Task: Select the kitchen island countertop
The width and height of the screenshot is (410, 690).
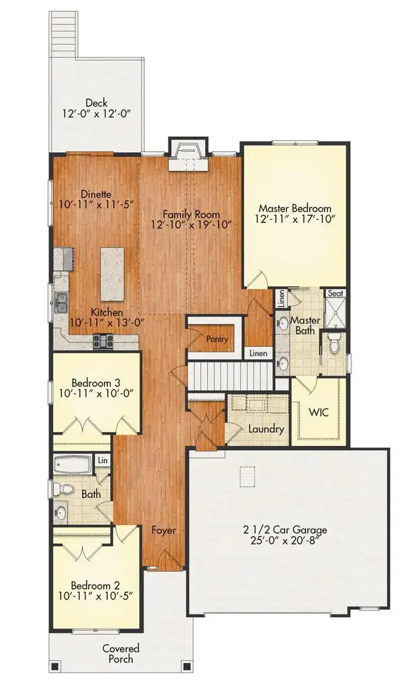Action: click(113, 274)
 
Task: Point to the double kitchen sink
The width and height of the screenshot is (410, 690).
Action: click(61, 302)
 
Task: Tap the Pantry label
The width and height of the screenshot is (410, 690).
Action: click(216, 340)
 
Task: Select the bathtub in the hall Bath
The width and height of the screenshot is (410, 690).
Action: click(75, 465)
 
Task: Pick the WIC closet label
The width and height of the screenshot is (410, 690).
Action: click(318, 412)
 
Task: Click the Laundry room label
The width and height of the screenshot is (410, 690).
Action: click(266, 429)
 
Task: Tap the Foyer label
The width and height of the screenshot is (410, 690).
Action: click(163, 530)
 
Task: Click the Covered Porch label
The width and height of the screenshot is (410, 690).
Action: click(121, 653)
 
